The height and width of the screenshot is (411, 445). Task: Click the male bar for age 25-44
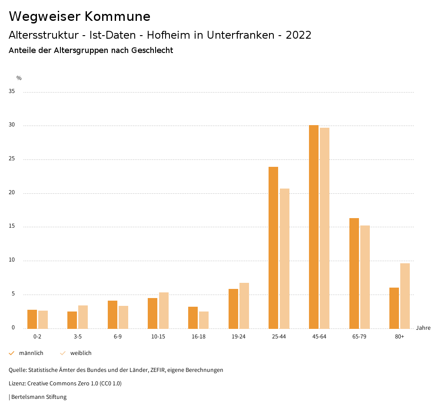point(273,248)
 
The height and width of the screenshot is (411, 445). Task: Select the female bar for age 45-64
point(325,228)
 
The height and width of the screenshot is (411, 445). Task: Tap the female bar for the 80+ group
point(405,296)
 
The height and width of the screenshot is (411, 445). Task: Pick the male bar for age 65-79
point(354,273)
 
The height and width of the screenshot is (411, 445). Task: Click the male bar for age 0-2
point(32,319)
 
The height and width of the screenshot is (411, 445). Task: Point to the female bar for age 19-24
point(244,306)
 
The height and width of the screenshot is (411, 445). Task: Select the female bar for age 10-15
point(163,311)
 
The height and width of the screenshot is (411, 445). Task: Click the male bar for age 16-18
point(193,318)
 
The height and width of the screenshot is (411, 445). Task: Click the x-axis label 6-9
point(118,337)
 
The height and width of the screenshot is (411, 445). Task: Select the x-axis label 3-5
point(78,337)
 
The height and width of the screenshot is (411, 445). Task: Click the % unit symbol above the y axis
point(19,78)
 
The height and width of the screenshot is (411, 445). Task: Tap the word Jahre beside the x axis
point(423,328)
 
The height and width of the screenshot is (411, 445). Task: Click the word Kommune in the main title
point(117,16)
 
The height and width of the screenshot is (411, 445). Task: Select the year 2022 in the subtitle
point(299,35)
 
